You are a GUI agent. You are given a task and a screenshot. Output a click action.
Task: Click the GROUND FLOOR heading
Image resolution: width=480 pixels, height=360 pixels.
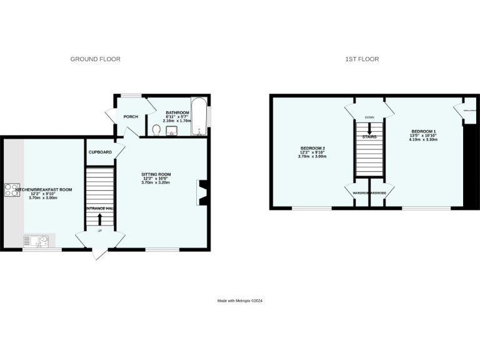pos(95,59)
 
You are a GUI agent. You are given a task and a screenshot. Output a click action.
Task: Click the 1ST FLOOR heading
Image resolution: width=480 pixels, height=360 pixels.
pos(362,59)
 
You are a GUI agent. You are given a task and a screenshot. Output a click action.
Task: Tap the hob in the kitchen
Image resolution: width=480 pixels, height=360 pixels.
pos(12,189)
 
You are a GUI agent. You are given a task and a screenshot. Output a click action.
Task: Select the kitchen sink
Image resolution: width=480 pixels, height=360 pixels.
pos(36,240)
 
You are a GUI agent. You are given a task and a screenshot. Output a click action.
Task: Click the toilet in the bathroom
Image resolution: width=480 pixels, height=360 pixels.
pos(157,130)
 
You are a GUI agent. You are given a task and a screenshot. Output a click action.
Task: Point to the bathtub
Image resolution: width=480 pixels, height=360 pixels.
pos(199,116)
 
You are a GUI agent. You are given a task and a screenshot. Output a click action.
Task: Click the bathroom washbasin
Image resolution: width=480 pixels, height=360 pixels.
pos(172,130)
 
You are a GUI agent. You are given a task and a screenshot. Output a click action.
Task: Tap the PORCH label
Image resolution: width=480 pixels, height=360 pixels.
pos(131,117)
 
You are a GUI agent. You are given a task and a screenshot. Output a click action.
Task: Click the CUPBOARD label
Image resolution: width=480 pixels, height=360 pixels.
pos(100,152)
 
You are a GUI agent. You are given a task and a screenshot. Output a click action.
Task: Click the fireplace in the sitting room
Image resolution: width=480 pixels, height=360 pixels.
pos(202,193)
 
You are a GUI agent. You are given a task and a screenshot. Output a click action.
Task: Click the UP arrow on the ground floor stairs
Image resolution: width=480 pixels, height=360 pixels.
pos(100,219)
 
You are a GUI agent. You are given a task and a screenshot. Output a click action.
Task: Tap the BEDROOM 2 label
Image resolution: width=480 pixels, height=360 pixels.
pos(313,149)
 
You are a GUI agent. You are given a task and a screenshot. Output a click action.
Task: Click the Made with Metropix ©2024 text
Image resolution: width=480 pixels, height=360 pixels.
pos(239,301)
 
